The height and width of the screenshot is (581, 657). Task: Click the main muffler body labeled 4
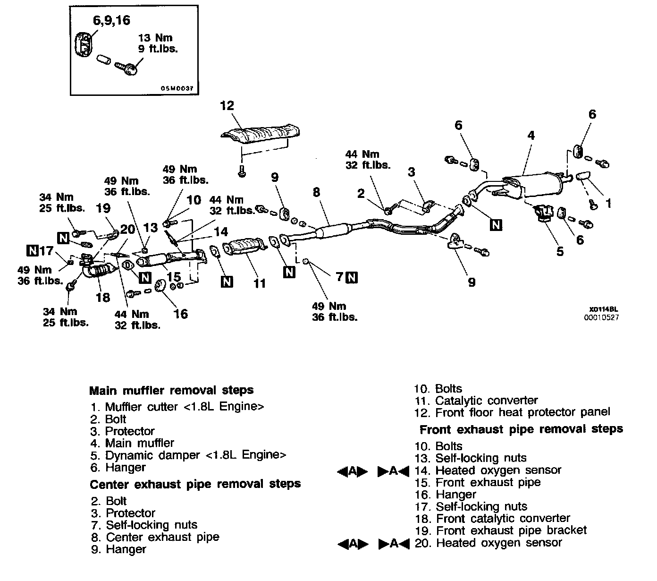[538, 185]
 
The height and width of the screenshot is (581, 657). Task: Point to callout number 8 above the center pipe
[316, 192]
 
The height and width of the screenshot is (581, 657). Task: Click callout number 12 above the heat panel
[227, 105]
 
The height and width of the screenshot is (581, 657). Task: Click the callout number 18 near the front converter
[102, 297]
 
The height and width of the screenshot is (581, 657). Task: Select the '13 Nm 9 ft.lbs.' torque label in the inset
[158, 43]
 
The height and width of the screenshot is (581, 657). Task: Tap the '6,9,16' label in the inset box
[111, 20]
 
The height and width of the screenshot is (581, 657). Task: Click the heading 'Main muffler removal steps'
[171, 391]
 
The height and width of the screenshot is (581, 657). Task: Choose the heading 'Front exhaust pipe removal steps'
[521, 429]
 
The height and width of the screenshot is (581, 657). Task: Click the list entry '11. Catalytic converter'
[477, 401]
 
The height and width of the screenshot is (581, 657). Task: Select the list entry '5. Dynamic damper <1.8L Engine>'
[189, 455]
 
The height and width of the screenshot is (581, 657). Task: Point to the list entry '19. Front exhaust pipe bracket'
[501, 530]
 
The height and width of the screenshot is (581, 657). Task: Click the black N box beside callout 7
[352, 277]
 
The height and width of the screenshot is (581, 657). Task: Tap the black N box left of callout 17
[32, 250]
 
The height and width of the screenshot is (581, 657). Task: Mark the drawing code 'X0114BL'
[604, 310]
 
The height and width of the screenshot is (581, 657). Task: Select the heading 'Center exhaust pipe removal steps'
[195, 484]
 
